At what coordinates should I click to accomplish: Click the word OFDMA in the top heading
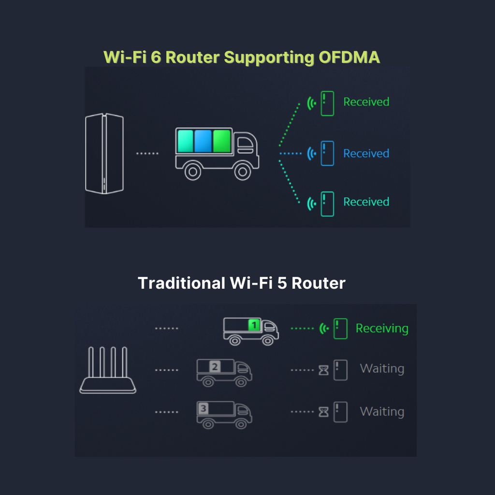349,57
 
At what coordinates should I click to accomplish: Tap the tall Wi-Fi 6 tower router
104,154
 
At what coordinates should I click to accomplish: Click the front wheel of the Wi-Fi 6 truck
242,170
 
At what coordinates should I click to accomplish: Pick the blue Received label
366,153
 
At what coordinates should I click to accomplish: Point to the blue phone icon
327,153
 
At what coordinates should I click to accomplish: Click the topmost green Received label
366,102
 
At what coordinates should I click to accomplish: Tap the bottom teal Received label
366,202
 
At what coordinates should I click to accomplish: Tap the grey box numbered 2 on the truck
215,367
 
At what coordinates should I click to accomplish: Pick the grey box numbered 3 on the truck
203,409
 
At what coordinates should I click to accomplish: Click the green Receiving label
382,329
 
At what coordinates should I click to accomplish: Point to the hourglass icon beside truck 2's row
324,370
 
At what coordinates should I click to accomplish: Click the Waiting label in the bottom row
382,412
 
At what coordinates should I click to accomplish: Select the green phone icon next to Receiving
340,329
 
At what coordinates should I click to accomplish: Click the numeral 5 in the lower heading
282,283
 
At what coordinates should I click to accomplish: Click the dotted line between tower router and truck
147,154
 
